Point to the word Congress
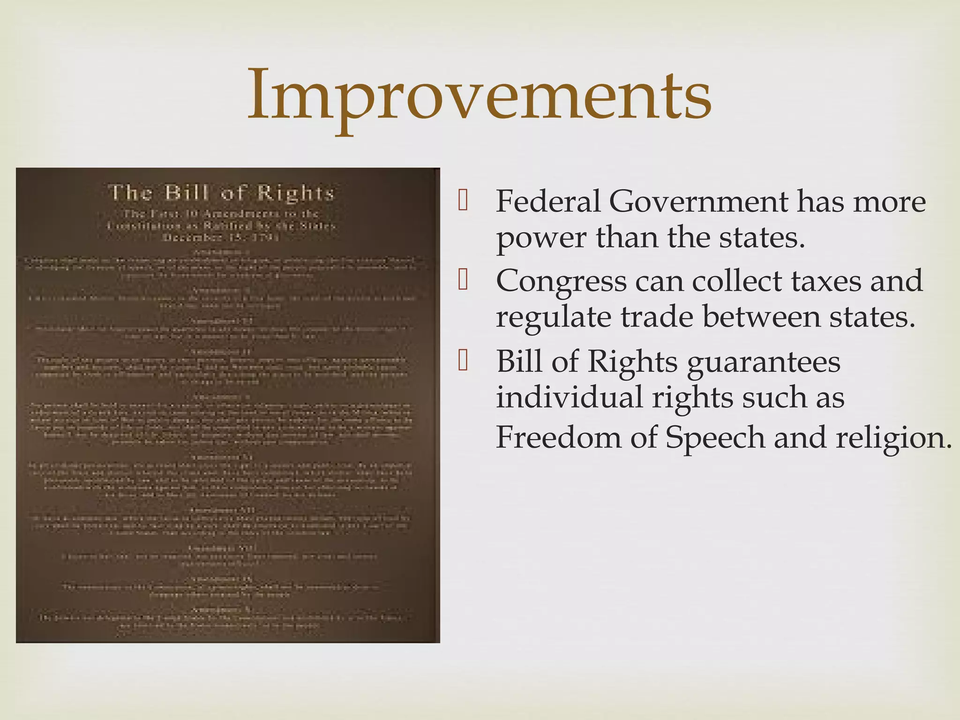[561, 281]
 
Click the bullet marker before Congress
[463, 280]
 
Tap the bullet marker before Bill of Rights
[463, 360]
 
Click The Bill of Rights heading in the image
[221, 193]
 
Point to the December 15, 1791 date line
[221, 237]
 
